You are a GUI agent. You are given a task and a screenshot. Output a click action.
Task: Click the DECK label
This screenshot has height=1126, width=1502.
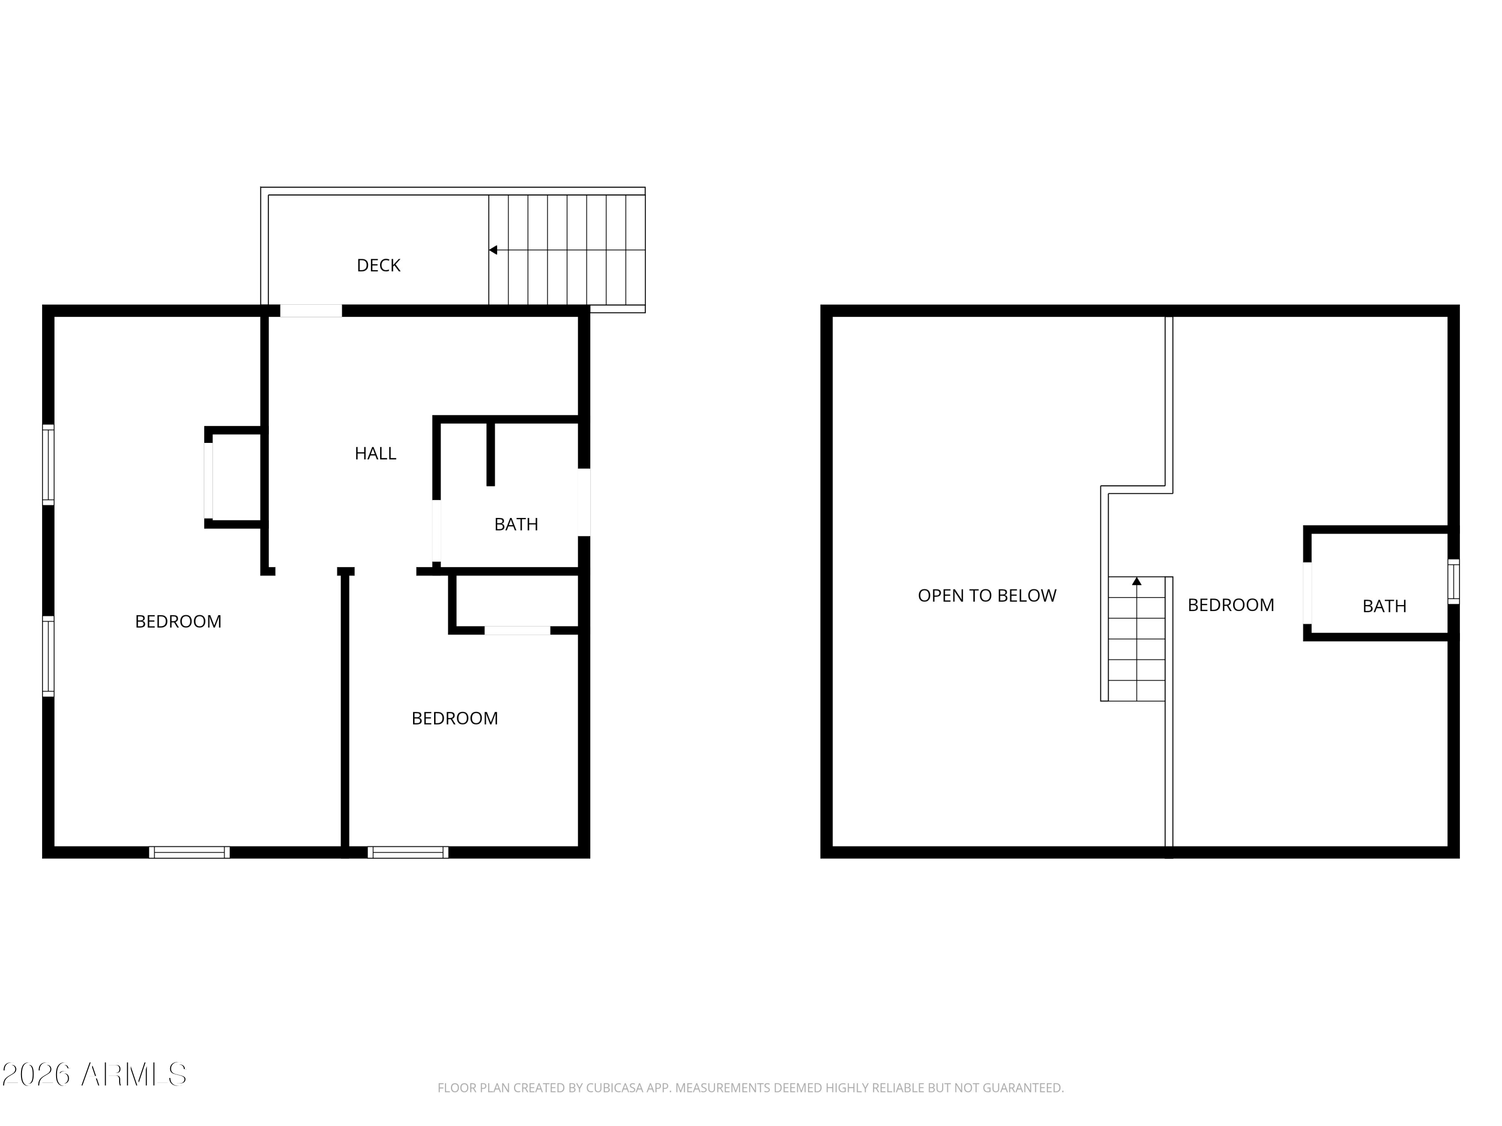[378, 265]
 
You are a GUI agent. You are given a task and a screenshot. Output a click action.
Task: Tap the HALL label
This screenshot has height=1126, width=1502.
[375, 453]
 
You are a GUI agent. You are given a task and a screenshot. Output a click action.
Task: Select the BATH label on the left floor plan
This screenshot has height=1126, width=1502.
[516, 524]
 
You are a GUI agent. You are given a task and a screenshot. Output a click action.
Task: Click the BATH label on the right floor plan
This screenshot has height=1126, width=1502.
[1384, 606]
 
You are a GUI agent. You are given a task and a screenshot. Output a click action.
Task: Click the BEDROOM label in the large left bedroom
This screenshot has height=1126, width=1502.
[178, 621]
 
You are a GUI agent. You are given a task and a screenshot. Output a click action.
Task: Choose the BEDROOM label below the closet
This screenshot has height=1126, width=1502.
[454, 718]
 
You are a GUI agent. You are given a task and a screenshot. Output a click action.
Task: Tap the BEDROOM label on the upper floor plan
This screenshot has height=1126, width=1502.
[1231, 605]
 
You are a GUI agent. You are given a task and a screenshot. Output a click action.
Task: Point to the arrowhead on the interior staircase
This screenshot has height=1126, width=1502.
[1137, 581]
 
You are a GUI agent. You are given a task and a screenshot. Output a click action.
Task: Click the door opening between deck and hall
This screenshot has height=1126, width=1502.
[311, 311]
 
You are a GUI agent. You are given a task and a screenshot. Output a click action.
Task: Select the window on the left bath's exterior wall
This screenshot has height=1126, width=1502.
[584, 502]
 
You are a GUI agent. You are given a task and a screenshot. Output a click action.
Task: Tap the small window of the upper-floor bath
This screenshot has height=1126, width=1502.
[1453, 581]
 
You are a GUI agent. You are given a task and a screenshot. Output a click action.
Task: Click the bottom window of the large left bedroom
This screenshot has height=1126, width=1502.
[189, 852]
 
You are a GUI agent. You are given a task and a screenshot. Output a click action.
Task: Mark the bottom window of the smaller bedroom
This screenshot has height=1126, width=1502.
[408, 852]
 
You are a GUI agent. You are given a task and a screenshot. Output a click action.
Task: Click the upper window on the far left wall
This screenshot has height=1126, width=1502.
[48, 465]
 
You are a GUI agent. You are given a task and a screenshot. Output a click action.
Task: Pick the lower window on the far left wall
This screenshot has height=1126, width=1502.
[48, 656]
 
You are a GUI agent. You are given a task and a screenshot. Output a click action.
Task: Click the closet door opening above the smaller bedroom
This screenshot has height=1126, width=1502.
[517, 631]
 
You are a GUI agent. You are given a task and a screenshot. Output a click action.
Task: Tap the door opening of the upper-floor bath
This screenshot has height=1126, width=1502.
[1307, 593]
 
